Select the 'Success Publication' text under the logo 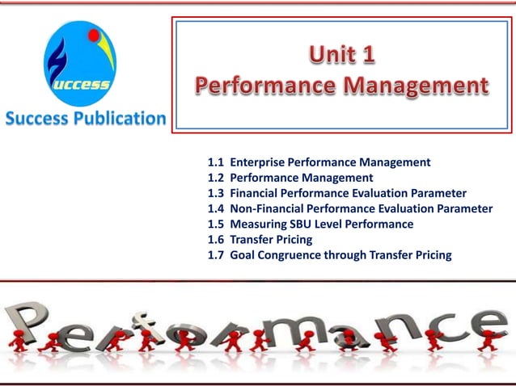point(85,118)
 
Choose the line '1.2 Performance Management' point(290,178)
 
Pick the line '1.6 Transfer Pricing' point(260,240)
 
